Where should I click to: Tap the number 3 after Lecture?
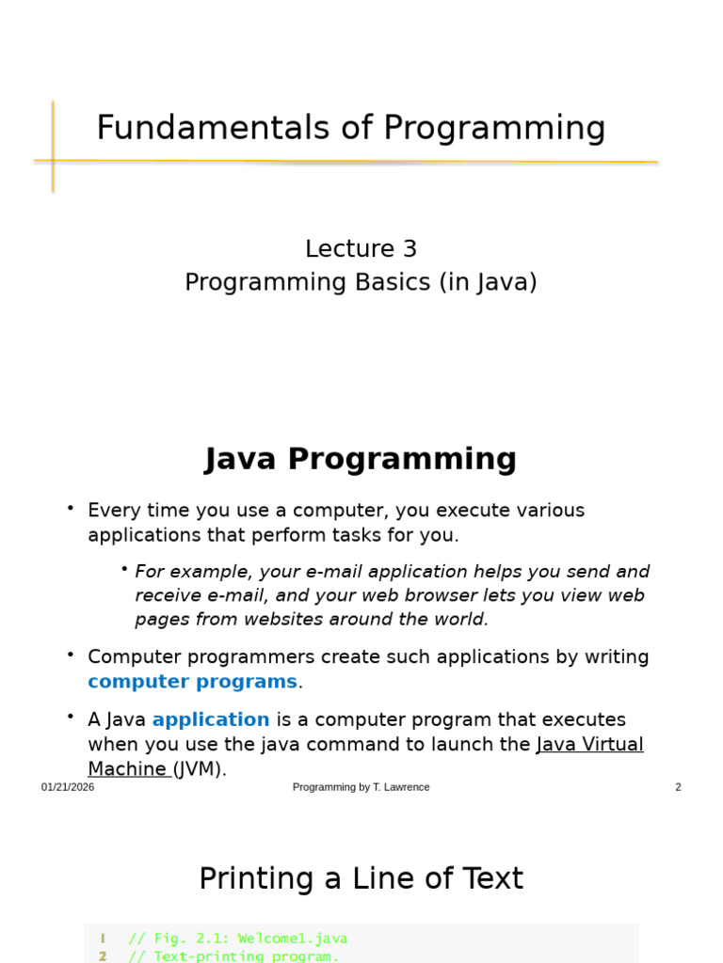tap(410, 248)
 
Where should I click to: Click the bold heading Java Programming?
tap(361, 459)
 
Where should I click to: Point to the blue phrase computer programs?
tap(192, 683)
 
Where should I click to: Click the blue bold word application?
tap(211, 719)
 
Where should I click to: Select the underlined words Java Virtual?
tap(590, 745)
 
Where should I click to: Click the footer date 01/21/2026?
tap(68, 787)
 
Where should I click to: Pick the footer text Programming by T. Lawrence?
tap(361, 787)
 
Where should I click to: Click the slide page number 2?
tap(678, 787)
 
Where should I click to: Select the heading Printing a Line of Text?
tap(361, 878)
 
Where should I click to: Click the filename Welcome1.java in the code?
tap(293, 939)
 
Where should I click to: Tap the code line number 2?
tap(103, 956)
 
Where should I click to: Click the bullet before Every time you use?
tap(71, 508)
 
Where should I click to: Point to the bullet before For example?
tap(124, 569)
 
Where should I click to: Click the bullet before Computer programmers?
tap(71, 655)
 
